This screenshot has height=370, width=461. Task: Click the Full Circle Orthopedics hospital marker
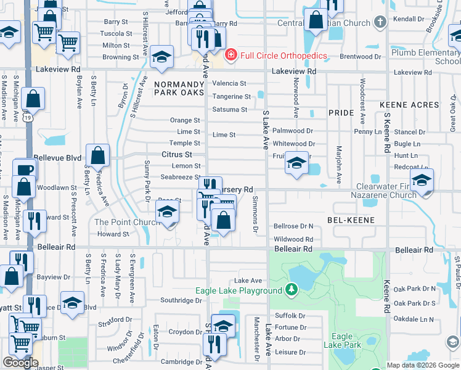(x=231, y=55)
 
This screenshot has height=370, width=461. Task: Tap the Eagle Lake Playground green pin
(x=292, y=290)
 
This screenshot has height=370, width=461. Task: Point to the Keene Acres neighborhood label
(x=409, y=105)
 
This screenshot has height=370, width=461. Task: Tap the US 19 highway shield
(x=27, y=116)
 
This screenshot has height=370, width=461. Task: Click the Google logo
(x=20, y=362)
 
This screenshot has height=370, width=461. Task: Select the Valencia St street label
(x=229, y=83)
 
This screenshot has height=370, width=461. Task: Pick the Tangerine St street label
(x=231, y=97)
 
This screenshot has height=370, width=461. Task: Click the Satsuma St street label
(x=229, y=110)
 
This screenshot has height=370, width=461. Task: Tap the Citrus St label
(x=177, y=154)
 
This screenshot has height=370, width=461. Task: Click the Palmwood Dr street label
(x=293, y=131)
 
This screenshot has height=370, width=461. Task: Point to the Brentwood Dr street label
(x=356, y=56)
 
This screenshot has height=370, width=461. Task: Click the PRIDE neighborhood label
(x=341, y=113)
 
